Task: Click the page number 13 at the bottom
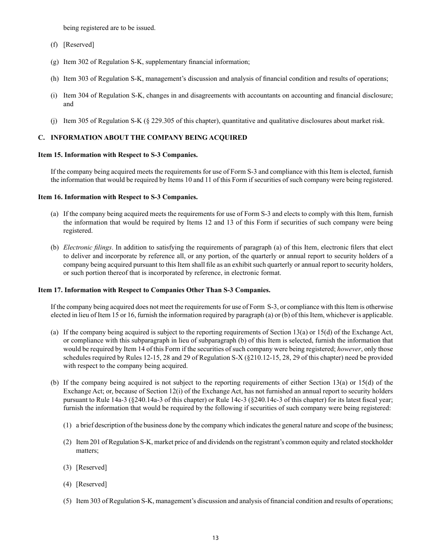(x=215, y=538)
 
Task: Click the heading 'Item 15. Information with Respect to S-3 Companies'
(x=118, y=155)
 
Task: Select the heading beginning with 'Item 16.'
(x=118, y=197)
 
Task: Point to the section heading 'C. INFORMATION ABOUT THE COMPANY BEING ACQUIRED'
(x=142, y=137)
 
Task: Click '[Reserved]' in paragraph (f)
(x=79, y=44)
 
